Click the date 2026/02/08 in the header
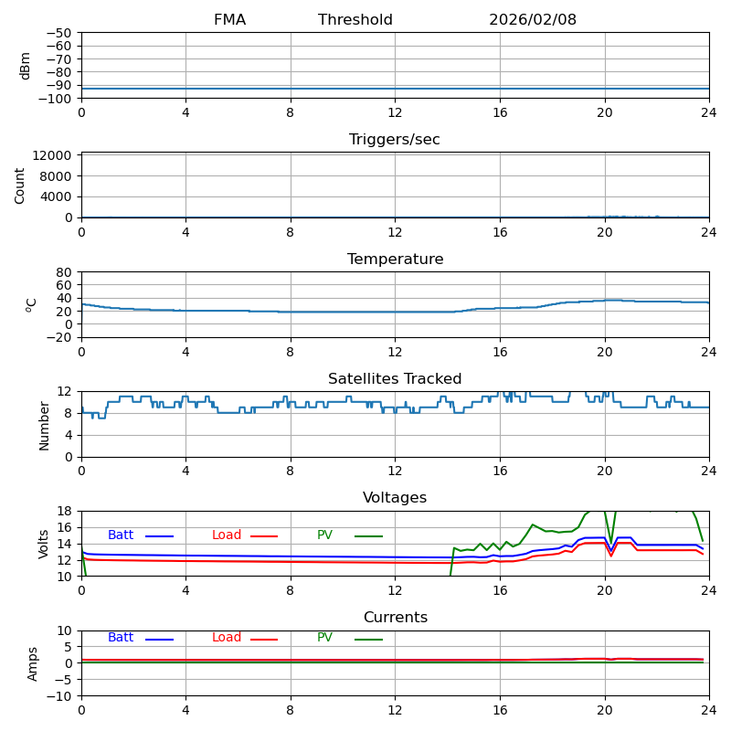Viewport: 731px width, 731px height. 533,20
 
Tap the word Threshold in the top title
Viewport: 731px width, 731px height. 355,20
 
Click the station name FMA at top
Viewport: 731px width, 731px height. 229,20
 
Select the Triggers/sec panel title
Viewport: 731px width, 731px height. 395,140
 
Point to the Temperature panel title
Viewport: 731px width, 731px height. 395,260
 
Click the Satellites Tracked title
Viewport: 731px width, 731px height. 395,379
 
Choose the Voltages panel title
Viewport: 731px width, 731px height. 395,498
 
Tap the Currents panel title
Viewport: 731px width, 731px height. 395,618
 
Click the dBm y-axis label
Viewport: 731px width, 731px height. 26,66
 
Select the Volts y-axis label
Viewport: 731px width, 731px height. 44,544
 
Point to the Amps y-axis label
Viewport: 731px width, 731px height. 34,663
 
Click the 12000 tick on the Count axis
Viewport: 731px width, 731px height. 53,155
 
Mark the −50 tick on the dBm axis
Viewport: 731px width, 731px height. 58,33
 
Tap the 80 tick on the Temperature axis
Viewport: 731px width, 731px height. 65,272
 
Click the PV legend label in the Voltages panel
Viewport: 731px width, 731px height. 324,535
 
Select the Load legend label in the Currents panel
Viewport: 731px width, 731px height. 227,638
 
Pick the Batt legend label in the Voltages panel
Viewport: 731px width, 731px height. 121,535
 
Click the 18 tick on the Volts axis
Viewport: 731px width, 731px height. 66,512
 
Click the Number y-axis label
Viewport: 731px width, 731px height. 44,425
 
